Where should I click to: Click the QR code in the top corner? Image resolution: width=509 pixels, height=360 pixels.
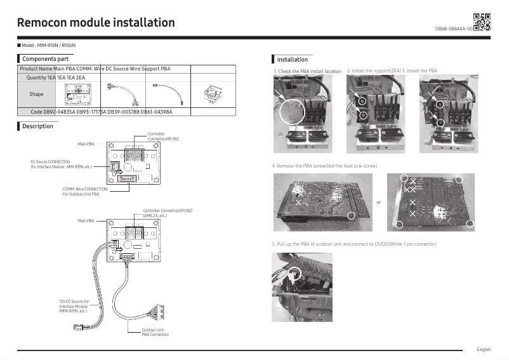tap(482, 22)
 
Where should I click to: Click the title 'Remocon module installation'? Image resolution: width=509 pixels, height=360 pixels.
tap(96, 23)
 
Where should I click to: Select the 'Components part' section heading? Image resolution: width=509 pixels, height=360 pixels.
tap(45, 58)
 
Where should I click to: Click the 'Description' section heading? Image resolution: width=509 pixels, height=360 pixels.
tap(37, 126)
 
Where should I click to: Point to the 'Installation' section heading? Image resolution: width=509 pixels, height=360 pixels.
tap(292, 59)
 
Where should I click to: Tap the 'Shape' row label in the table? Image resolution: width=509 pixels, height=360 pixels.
tap(36, 94)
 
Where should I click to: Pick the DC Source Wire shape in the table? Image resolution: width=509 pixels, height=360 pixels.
tap(167, 93)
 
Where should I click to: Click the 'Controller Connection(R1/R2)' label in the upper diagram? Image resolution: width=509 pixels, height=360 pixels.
tap(163, 136)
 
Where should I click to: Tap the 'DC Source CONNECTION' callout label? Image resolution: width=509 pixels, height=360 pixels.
tap(61, 164)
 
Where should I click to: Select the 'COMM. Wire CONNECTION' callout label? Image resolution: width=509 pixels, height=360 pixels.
tap(85, 191)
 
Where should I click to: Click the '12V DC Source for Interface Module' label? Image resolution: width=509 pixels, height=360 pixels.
tap(74, 306)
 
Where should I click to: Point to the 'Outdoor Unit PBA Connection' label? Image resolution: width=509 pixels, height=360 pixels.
tap(155, 332)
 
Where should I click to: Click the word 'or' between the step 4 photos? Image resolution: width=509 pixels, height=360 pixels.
tap(379, 203)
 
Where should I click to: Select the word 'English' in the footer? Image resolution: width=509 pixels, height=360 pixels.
tap(484, 349)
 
